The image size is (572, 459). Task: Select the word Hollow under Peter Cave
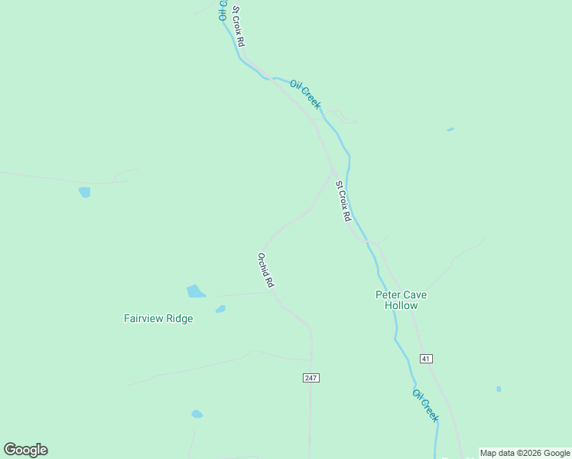(401, 305)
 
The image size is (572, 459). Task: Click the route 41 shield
(427, 358)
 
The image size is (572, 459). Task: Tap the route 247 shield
(310, 378)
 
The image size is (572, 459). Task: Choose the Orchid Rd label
(265, 270)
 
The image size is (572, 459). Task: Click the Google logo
(25, 450)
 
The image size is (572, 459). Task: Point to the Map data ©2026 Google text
(525, 453)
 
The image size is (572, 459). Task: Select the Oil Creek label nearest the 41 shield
(426, 405)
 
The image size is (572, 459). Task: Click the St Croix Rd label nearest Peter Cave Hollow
(343, 201)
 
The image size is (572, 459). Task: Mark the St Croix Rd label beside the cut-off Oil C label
(238, 27)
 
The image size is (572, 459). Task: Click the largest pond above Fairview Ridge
(196, 291)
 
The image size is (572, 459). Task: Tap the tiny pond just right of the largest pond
(220, 309)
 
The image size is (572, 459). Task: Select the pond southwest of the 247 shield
(197, 414)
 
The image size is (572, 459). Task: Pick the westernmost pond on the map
(84, 192)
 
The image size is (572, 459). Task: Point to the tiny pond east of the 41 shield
(499, 389)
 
